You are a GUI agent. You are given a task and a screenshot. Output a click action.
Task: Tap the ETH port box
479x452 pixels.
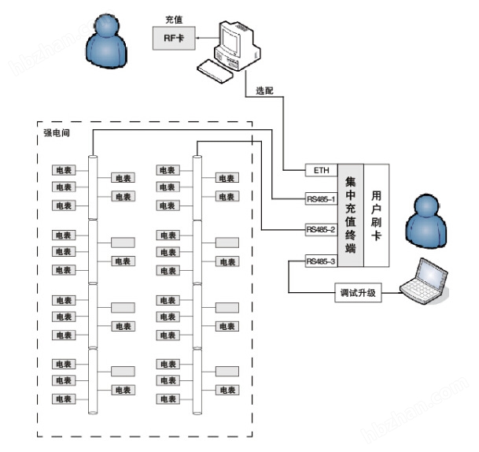click(320, 169)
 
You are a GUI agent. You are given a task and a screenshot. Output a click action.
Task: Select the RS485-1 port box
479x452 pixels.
click(320, 199)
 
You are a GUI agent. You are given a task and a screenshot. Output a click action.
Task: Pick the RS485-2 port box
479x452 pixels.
click(320, 230)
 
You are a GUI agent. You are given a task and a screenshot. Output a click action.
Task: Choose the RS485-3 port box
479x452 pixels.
click(320, 261)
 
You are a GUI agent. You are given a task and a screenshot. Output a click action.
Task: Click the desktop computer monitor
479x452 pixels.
click(234, 37)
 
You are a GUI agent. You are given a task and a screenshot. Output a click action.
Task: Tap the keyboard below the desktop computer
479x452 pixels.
click(216, 72)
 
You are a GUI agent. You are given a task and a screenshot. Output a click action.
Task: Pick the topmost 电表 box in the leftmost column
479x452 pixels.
click(63, 170)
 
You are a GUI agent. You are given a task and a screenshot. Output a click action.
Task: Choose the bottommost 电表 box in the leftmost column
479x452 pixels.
click(63, 399)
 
